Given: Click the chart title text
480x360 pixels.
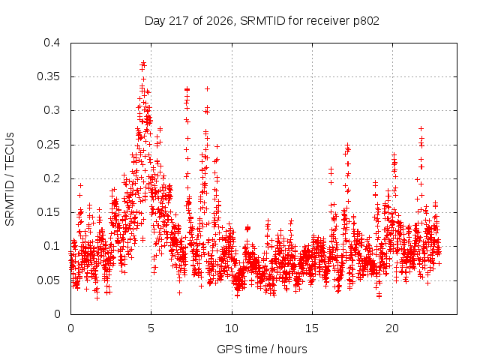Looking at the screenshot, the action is (x=262, y=21).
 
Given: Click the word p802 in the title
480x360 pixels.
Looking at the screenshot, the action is (x=366, y=22).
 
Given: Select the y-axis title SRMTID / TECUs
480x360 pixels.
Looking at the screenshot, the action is (x=10, y=179).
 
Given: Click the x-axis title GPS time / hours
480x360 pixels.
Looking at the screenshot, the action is (x=262, y=349).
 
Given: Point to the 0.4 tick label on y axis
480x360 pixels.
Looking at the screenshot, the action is (x=52, y=43).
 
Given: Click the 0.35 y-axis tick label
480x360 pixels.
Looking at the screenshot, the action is (x=48, y=76).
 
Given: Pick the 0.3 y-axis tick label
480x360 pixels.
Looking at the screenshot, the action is (x=52, y=110).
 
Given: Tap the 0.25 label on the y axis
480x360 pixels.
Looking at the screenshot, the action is (x=48, y=145).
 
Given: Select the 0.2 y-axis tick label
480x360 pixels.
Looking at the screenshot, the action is (x=52, y=178).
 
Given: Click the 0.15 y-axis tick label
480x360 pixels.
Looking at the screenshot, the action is (x=48, y=212).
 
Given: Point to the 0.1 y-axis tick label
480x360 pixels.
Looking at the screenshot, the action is (x=52, y=246).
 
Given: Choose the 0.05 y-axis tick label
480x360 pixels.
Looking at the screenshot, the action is (x=48, y=280).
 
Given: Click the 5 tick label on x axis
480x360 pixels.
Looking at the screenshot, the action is (x=151, y=328).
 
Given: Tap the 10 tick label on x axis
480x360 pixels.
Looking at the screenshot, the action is (x=232, y=328).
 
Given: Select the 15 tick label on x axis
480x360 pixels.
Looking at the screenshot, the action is (x=312, y=328).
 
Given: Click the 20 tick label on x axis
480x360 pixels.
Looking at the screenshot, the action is (x=392, y=328).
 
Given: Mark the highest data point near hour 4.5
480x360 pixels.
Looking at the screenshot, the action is (x=143, y=63).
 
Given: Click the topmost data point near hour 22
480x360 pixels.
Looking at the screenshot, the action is (x=421, y=128).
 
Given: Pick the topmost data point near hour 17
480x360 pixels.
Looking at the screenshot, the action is (x=347, y=145).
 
